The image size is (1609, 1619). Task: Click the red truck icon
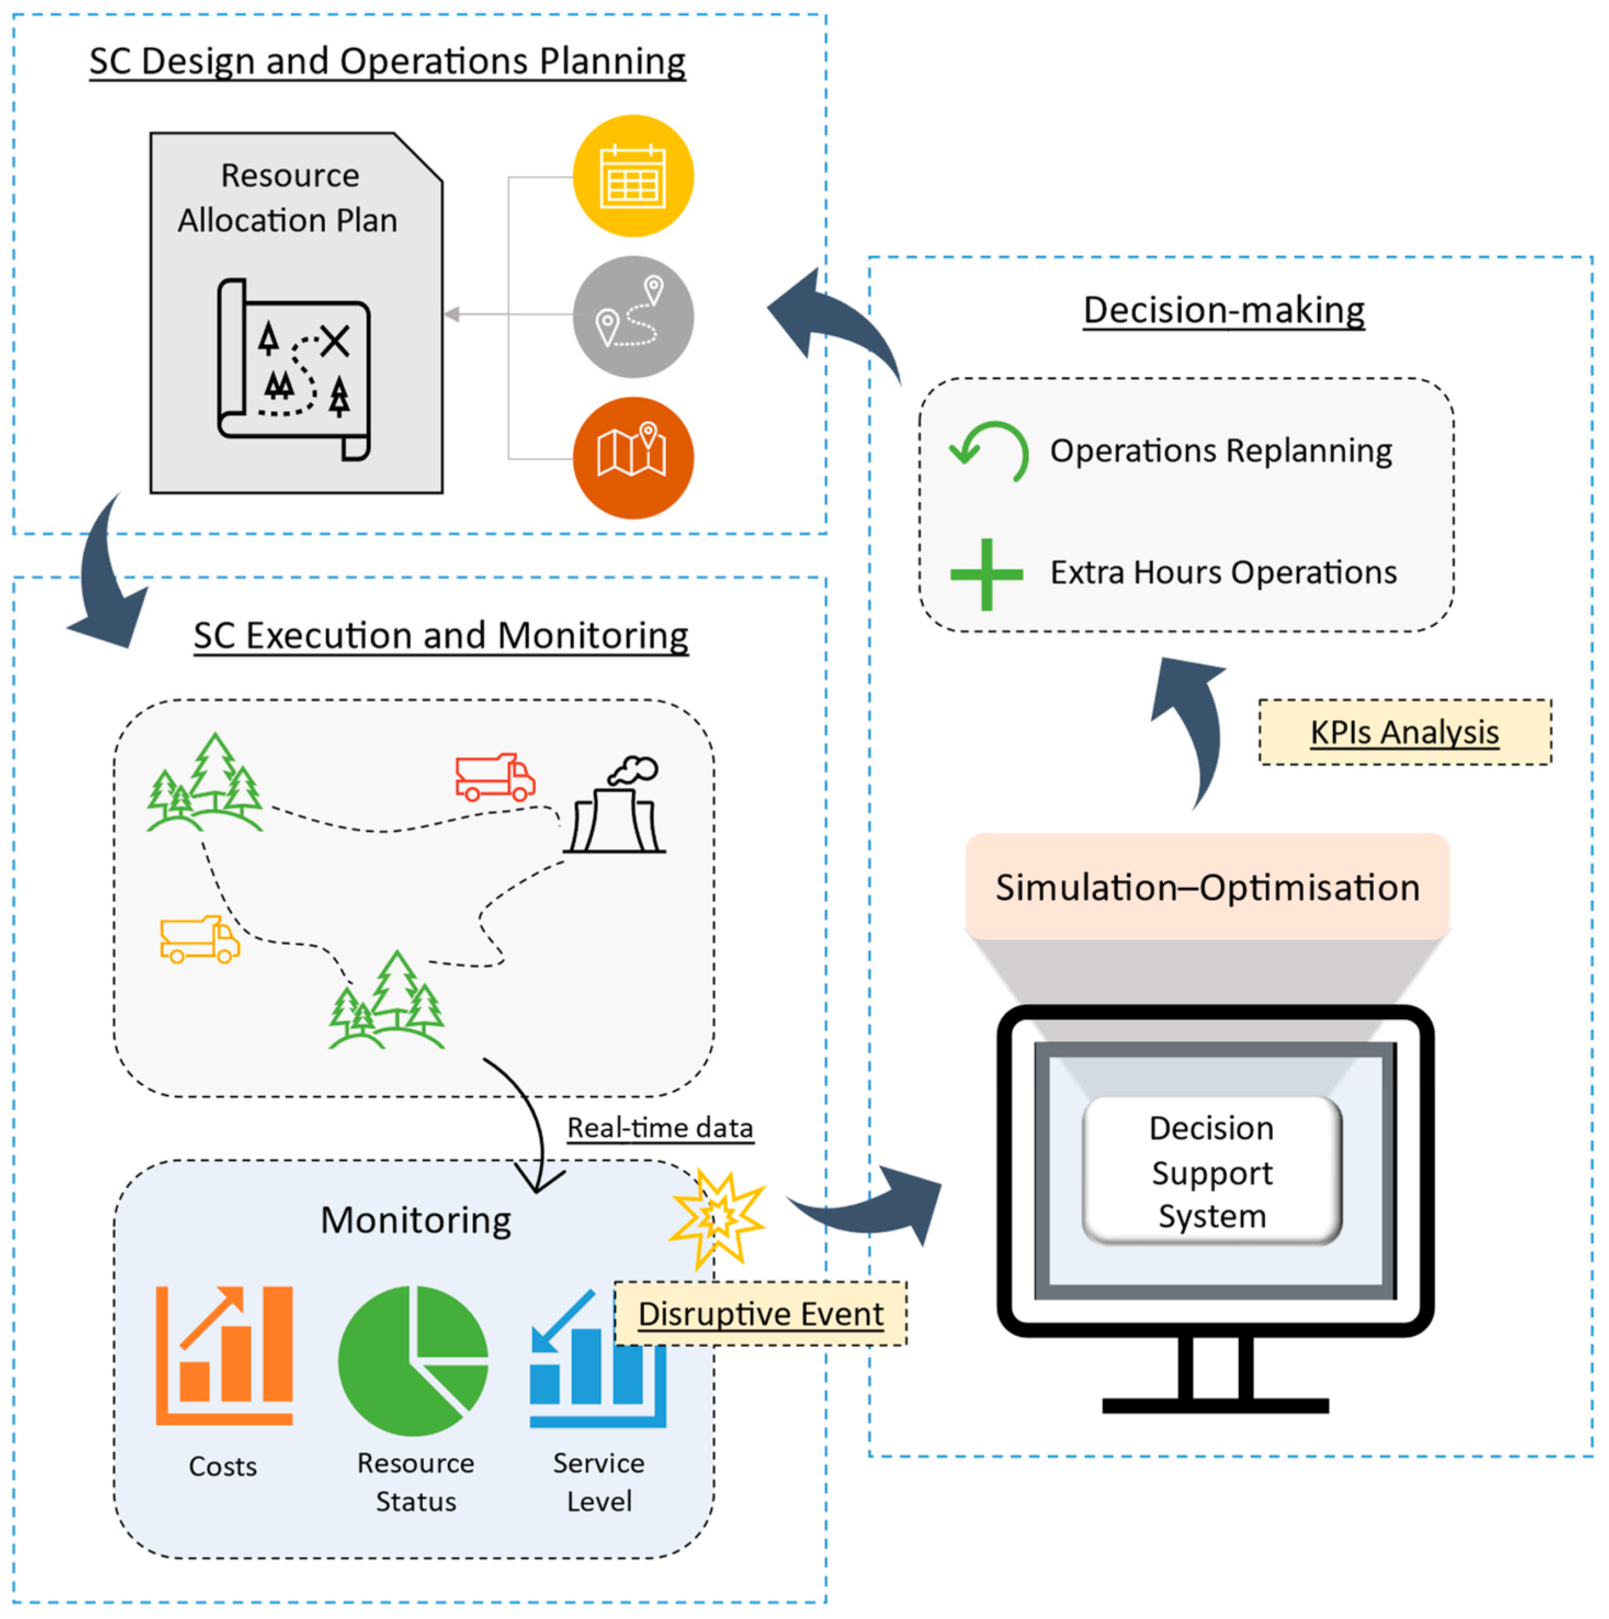coord(494,777)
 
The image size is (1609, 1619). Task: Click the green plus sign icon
coord(986,574)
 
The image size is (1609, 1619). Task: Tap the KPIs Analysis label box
coord(1404,731)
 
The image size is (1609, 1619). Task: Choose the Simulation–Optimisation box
coord(1207,887)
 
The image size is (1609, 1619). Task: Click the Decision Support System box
coord(1211,1171)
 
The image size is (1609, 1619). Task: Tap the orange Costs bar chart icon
coord(224,1355)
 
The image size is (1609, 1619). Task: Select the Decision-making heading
coord(1223,309)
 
